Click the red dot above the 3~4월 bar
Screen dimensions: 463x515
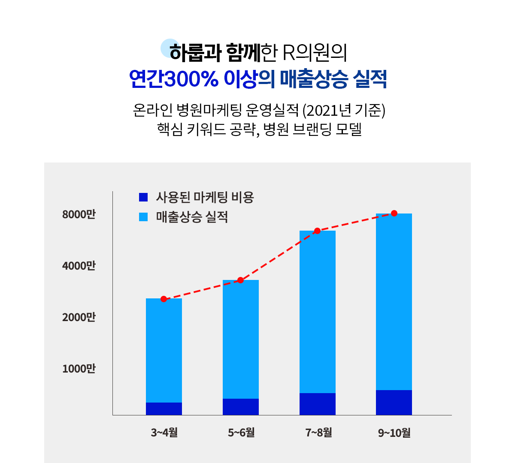[x=164, y=299]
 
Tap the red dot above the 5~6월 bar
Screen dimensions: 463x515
[x=240, y=280]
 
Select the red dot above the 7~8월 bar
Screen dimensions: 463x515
[x=317, y=231]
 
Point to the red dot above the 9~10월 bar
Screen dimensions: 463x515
[x=394, y=213]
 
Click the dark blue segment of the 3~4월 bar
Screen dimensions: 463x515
[x=164, y=409]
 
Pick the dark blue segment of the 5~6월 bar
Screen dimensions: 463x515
[x=240, y=407]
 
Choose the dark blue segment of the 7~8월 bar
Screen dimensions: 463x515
[x=317, y=404]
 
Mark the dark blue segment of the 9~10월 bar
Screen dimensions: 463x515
[x=394, y=403]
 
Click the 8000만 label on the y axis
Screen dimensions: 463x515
[x=79, y=214]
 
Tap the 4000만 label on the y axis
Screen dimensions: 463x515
[x=79, y=266]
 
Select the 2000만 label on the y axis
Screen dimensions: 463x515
[x=79, y=317]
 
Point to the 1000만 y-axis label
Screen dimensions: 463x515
[x=79, y=369]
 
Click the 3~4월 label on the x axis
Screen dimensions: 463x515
[x=164, y=433]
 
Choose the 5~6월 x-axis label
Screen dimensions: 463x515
[x=241, y=433]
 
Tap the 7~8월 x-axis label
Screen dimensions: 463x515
[x=318, y=433]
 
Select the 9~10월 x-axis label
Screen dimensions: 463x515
[x=394, y=433]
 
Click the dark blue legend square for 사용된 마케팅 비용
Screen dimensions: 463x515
[x=143, y=197]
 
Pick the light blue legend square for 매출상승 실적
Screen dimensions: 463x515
[x=143, y=217]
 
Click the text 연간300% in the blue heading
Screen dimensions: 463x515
[x=174, y=79]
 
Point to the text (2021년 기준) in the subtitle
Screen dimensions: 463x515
[x=344, y=111]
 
